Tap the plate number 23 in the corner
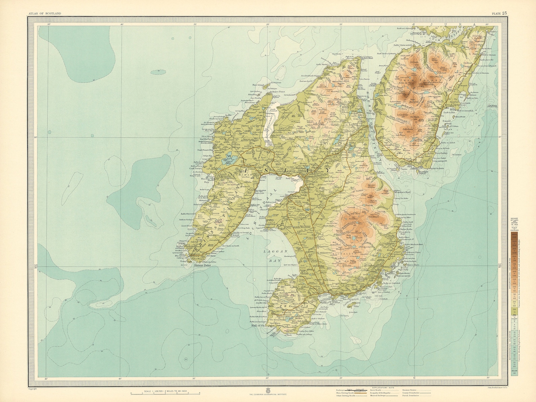tap(499, 13)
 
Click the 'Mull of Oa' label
tap(259, 326)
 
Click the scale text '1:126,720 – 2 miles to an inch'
tap(165, 391)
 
